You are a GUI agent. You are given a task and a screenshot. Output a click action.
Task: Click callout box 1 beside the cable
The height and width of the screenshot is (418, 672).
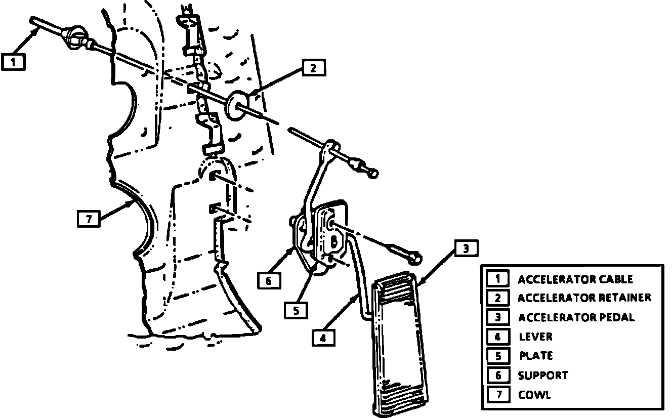(13, 62)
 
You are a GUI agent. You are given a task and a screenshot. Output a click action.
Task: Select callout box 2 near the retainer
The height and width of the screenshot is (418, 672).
(314, 68)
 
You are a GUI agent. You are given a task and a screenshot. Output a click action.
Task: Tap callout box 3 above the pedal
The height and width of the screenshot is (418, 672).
(466, 248)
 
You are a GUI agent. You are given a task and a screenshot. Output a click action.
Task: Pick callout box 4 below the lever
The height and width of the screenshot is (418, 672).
(323, 338)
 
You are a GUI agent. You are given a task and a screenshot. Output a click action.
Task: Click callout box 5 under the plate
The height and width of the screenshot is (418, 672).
(296, 310)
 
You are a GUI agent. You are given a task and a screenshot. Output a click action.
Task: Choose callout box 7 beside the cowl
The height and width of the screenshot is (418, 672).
(89, 219)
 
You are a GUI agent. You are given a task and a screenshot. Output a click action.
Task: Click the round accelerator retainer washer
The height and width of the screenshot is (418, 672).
(234, 105)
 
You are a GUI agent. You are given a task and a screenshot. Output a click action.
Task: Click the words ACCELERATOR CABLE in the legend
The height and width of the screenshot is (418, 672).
(575, 279)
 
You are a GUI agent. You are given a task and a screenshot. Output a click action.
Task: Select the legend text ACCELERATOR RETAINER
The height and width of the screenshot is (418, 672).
(584, 298)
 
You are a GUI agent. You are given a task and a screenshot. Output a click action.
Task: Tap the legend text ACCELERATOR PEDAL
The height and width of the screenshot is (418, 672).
(576, 317)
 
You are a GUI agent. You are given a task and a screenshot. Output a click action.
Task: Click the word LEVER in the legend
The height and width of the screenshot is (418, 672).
(536, 337)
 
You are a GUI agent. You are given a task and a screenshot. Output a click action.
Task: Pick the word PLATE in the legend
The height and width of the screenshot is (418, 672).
(536, 356)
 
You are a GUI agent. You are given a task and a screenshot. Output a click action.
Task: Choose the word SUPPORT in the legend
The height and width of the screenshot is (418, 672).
(543, 375)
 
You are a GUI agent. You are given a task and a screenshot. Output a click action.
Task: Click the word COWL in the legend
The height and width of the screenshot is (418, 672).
(534, 395)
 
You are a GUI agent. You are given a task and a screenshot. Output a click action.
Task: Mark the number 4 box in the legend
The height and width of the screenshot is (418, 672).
(498, 337)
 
